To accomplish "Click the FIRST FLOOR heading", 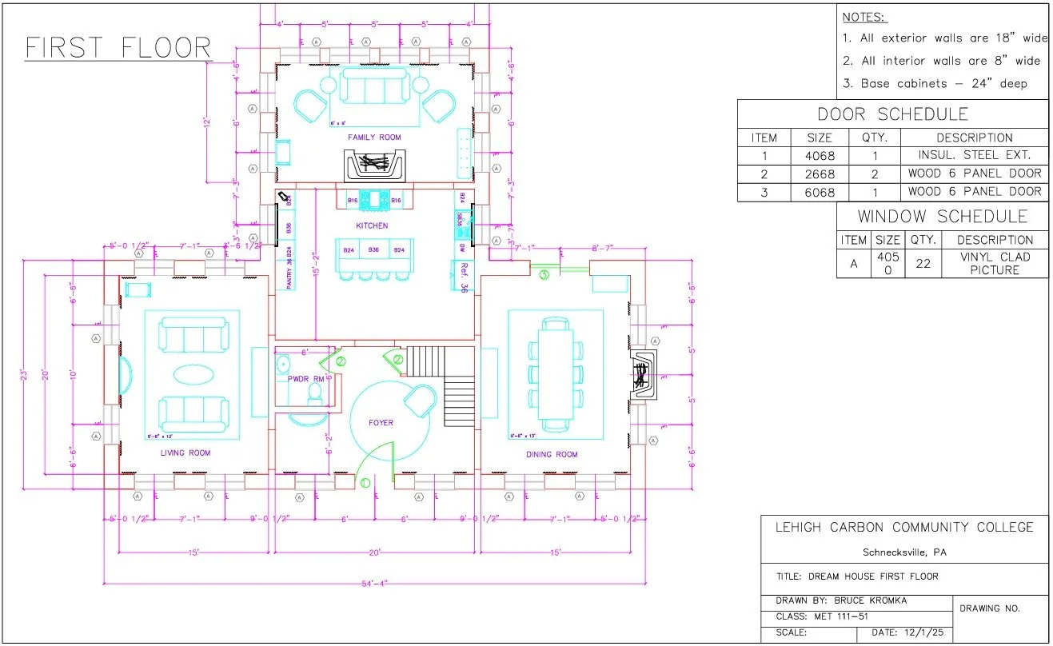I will click(x=118, y=48).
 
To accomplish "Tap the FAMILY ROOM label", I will click(x=374, y=138).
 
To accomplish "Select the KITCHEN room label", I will click(x=372, y=226).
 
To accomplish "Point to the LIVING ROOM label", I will click(x=185, y=453).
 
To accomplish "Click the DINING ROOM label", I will click(x=552, y=455).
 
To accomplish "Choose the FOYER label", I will click(x=381, y=422).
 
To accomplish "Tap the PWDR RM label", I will click(x=306, y=378).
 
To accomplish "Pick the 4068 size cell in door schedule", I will click(x=820, y=155).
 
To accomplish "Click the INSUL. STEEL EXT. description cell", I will click(x=975, y=155).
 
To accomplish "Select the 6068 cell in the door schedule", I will click(x=820, y=191).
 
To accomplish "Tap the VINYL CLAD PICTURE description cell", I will click(x=995, y=263).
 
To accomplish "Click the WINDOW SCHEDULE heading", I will click(x=943, y=217).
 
